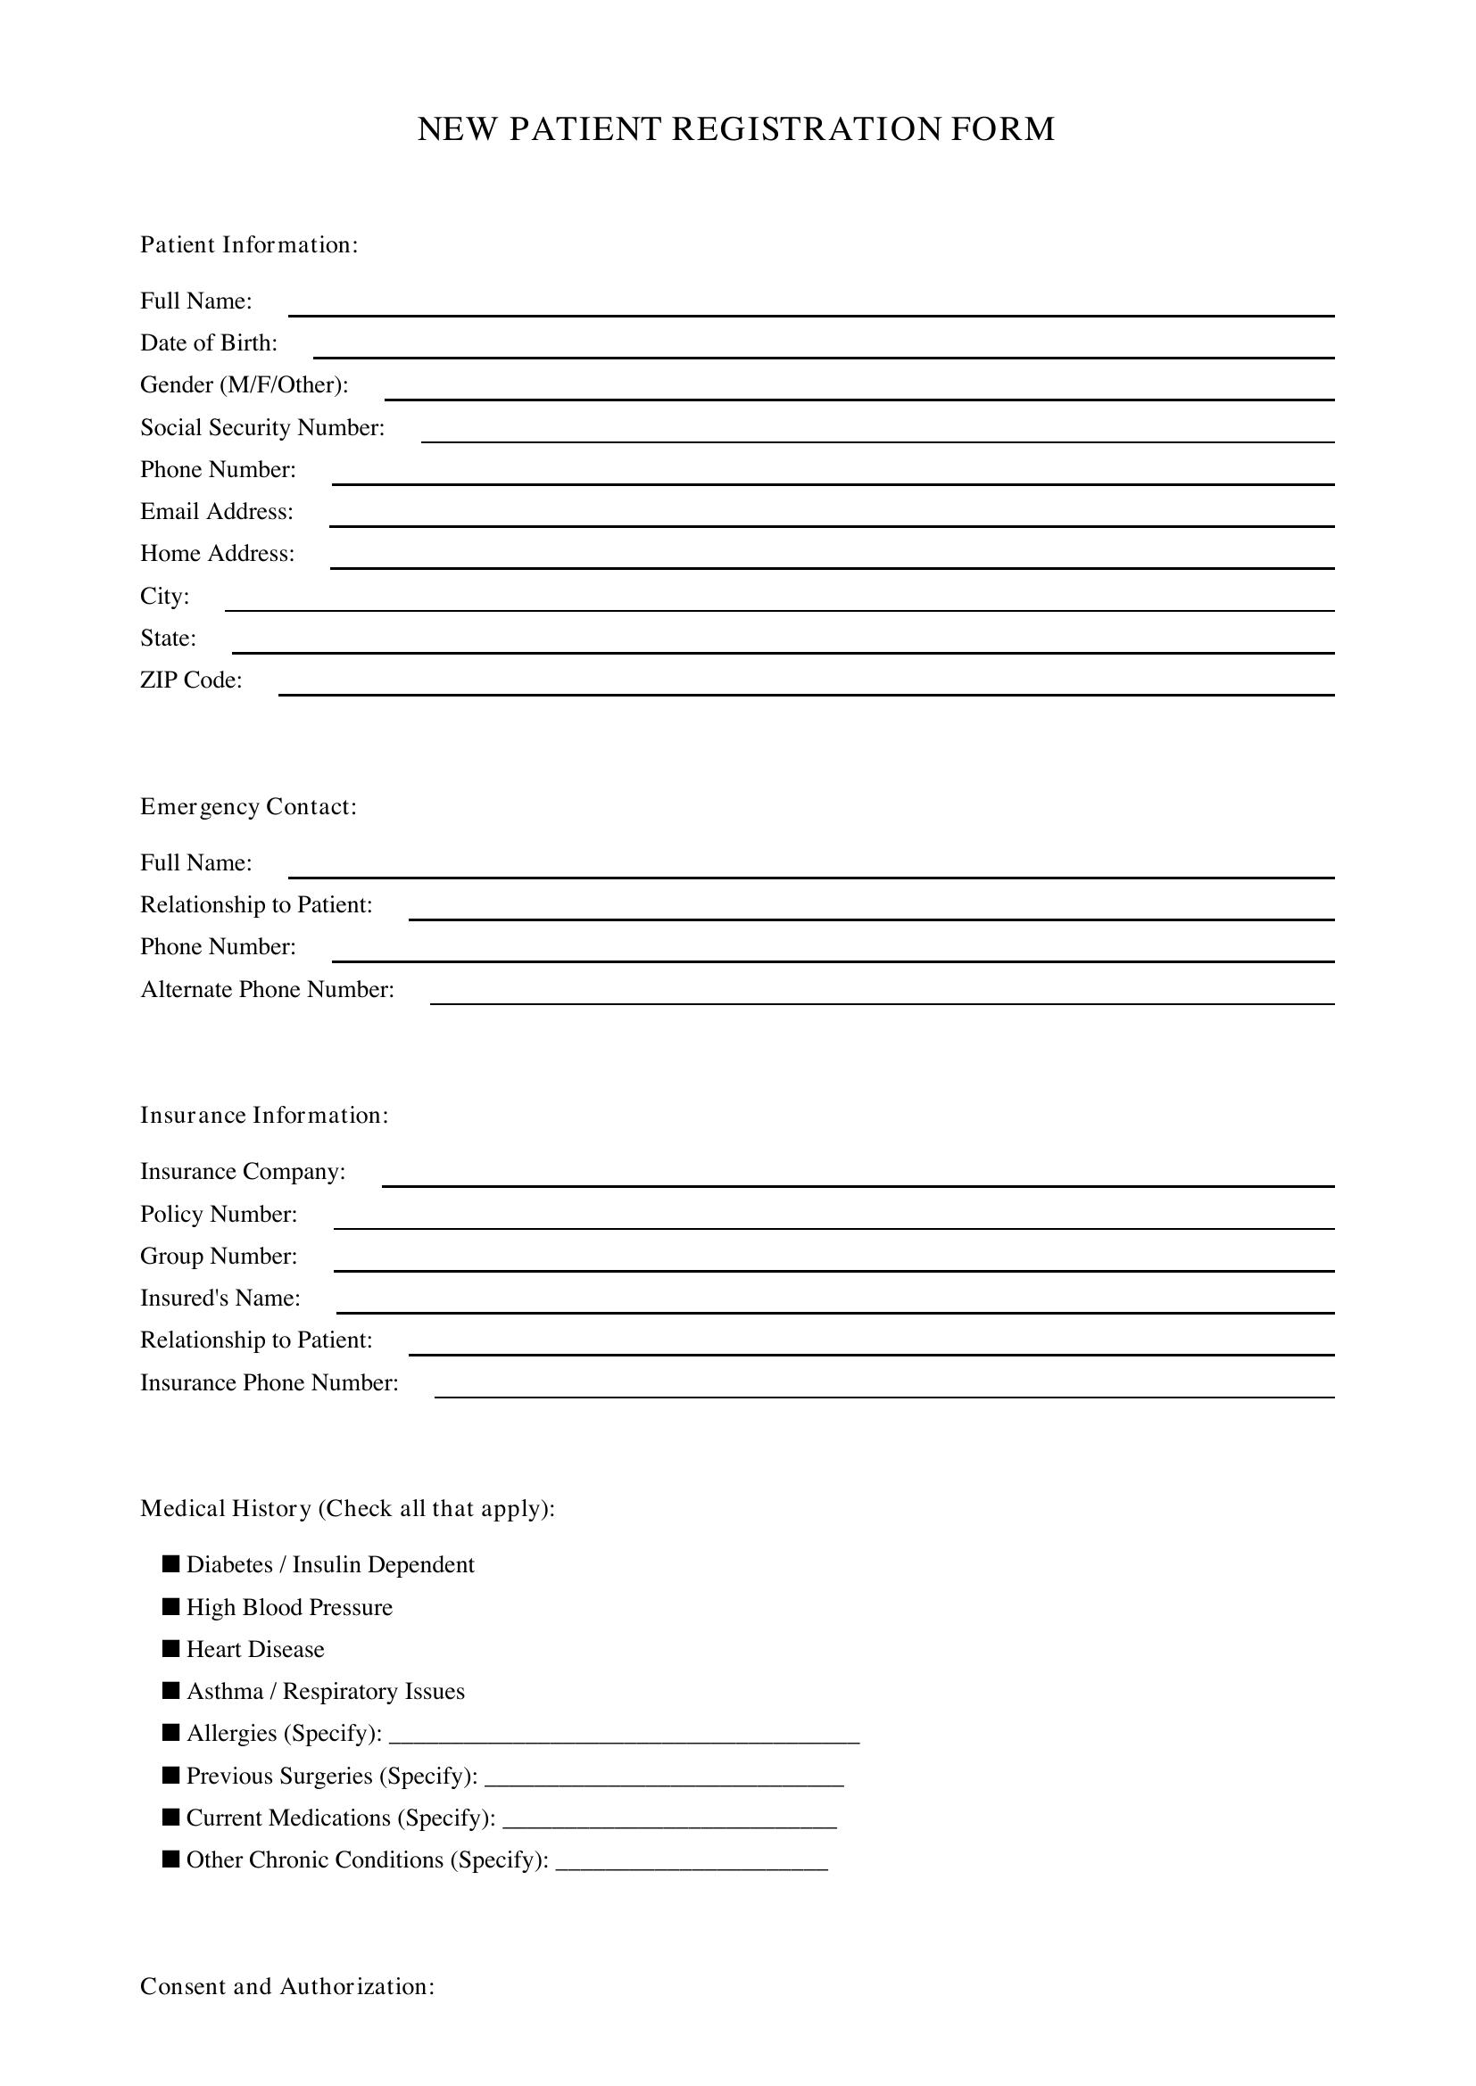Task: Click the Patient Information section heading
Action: [x=249, y=245]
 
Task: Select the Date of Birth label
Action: [x=208, y=343]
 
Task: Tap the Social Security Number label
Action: [x=261, y=428]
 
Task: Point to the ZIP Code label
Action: [x=191, y=680]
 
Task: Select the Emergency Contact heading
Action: [x=248, y=807]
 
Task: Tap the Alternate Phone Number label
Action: [x=267, y=989]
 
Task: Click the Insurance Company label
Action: [x=243, y=1172]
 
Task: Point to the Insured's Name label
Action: [x=220, y=1299]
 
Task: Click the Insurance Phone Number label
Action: [x=269, y=1383]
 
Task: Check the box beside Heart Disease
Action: [x=170, y=1648]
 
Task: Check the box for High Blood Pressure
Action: [x=170, y=1606]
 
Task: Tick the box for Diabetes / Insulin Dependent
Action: [x=170, y=1563]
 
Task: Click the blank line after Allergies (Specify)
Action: [x=624, y=1739]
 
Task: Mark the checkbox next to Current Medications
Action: [x=170, y=1817]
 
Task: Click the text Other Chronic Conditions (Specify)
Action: [x=367, y=1859]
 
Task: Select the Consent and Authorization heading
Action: [x=287, y=1986]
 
